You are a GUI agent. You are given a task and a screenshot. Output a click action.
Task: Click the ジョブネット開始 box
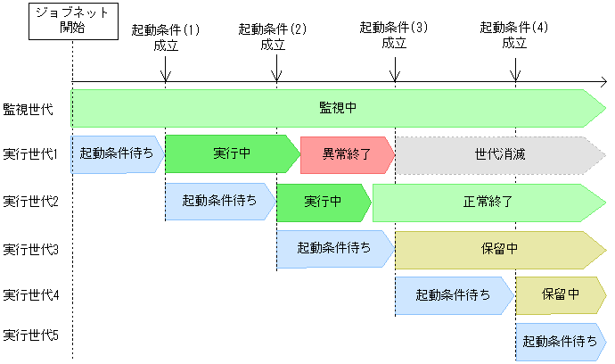coord(72,21)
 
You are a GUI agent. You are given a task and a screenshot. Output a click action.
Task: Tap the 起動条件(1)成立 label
coord(166,37)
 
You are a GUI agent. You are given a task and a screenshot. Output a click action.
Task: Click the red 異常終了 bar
coord(347,154)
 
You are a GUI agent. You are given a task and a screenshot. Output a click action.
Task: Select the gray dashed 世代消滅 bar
coord(500,154)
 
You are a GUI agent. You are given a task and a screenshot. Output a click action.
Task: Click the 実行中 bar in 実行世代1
coord(232,154)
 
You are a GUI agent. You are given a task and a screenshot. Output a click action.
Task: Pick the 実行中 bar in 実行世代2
coord(324,201)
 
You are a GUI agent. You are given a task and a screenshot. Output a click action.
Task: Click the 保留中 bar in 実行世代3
coord(500,248)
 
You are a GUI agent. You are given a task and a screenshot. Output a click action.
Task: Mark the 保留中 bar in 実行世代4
coord(561,294)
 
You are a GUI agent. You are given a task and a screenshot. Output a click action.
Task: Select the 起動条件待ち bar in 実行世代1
coord(118,154)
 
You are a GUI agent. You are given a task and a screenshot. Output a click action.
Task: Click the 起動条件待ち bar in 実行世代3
coord(335,248)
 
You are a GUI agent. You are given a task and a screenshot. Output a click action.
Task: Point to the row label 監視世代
coord(29,109)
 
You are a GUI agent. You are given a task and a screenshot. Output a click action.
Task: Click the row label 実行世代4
coord(31,294)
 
